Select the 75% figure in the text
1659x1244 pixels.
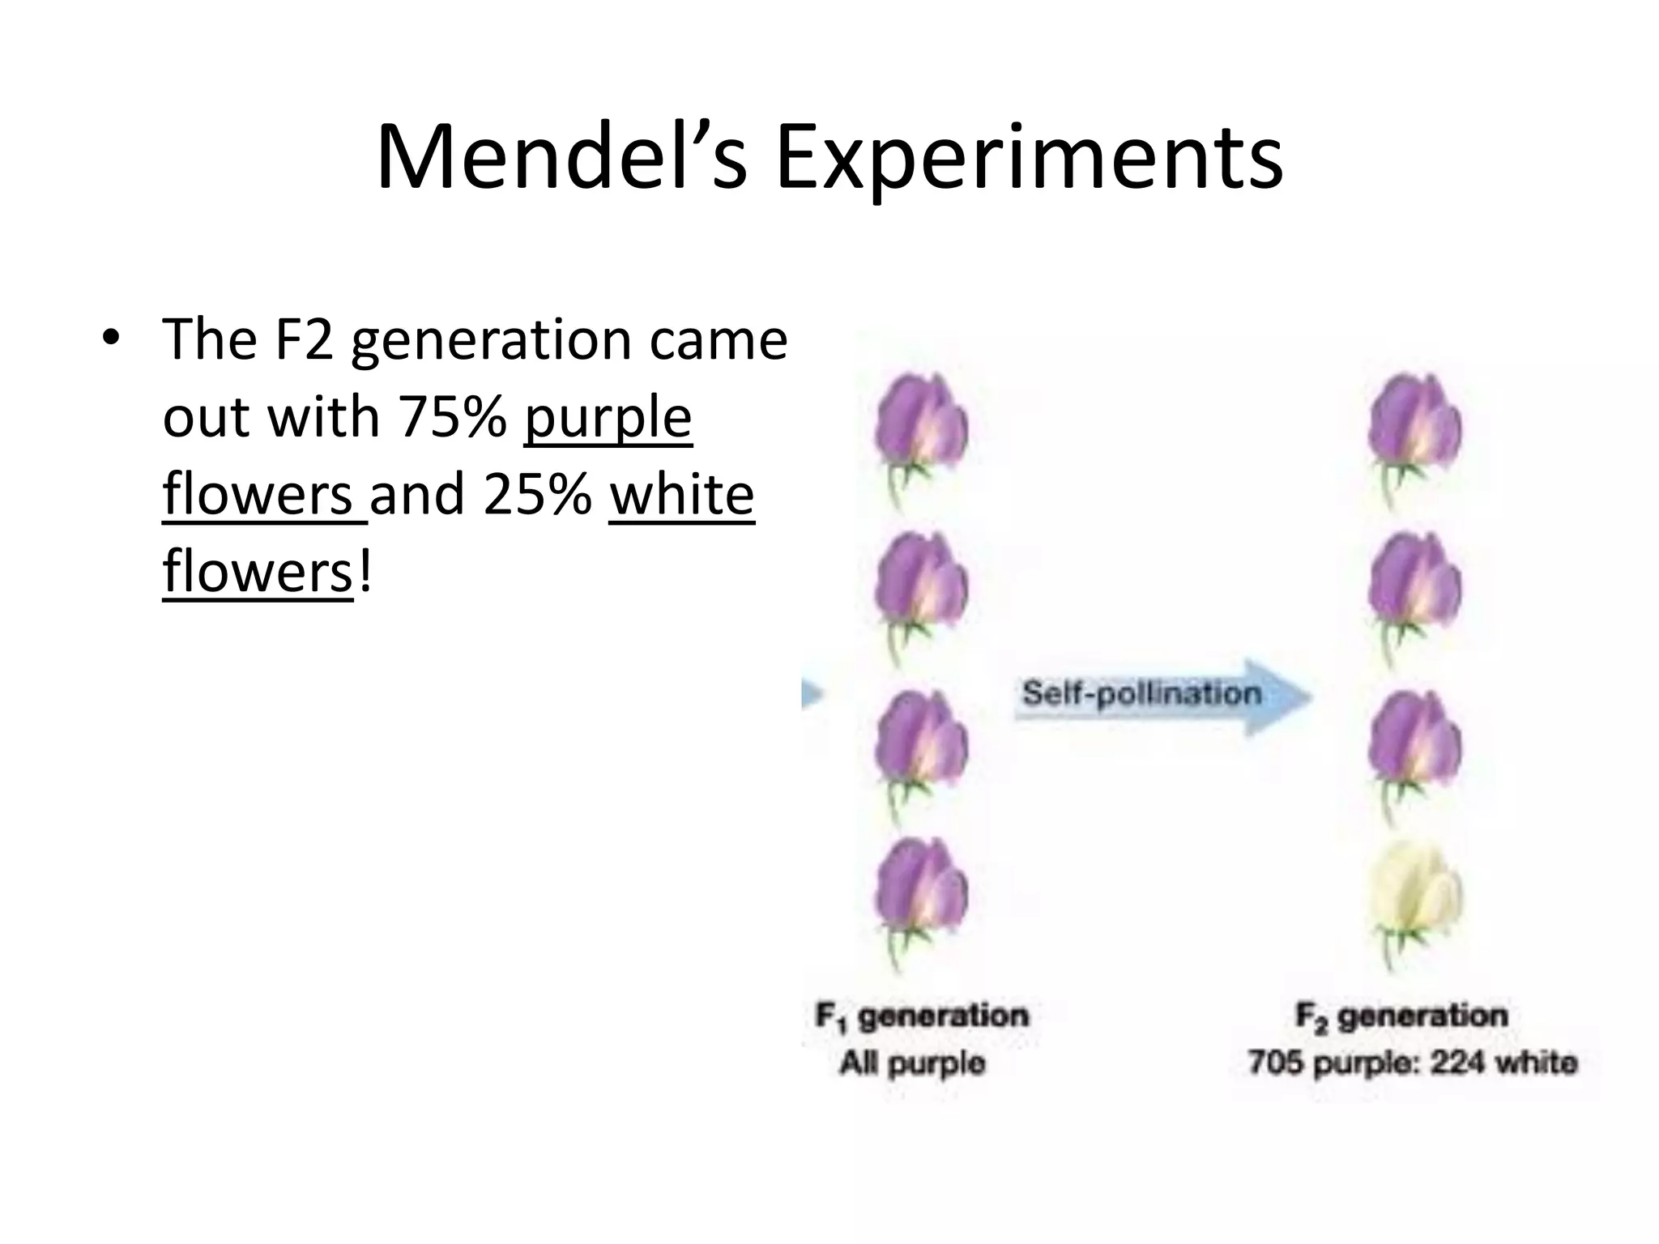[x=452, y=418]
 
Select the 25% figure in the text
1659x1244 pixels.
[x=537, y=496]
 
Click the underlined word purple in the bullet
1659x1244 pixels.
[x=608, y=418]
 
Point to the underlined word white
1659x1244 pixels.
[x=681, y=496]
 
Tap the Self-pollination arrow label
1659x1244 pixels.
[x=1141, y=694]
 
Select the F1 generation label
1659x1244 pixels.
[x=922, y=1016]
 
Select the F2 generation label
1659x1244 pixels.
[x=1401, y=1016]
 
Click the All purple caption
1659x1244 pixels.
[x=913, y=1063]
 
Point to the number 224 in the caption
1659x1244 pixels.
[x=1457, y=1063]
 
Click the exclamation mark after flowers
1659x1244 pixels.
[x=365, y=572]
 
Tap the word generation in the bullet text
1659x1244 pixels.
[x=491, y=340]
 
